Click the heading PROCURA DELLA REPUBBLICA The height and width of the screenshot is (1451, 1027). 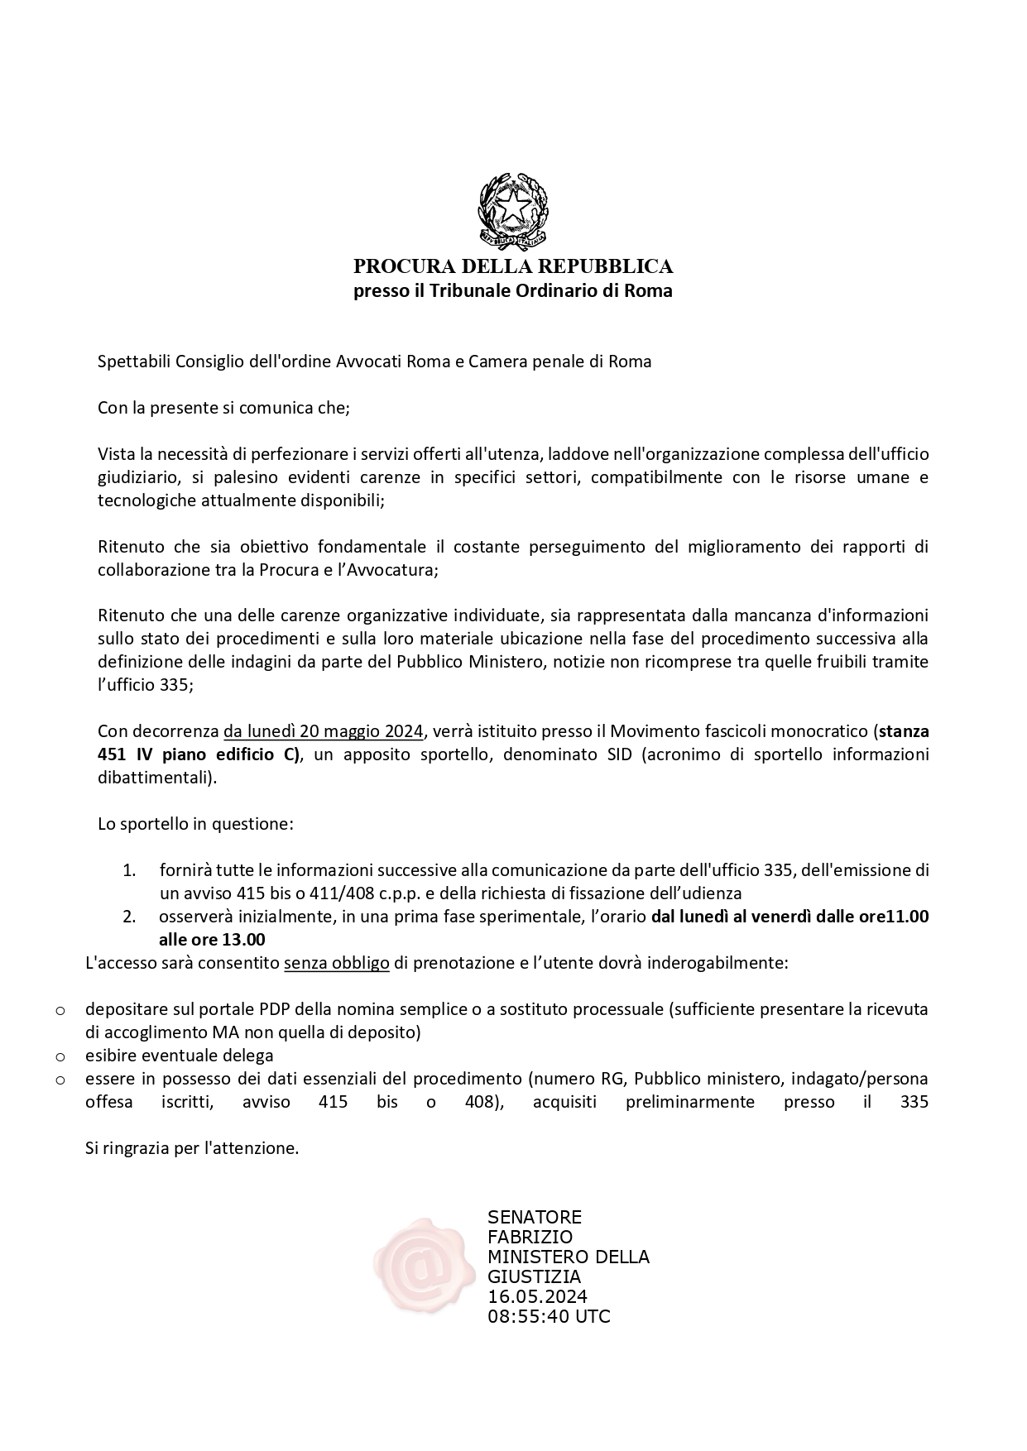pyautogui.click(x=513, y=266)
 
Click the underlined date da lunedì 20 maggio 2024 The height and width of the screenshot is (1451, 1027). pyautogui.click(x=324, y=731)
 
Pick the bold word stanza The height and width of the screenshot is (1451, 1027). pyautogui.click(x=904, y=731)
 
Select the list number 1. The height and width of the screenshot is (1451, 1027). pyautogui.click(x=128, y=870)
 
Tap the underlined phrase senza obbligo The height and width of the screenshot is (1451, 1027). pyautogui.click(x=337, y=963)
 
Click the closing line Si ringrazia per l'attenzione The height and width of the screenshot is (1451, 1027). pyautogui.click(x=192, y=1148)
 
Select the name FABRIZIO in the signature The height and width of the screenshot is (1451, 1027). pyautogui.click(x=530, y=1237)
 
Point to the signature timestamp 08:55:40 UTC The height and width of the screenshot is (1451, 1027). pyautogui.click(x=549, y=1316)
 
